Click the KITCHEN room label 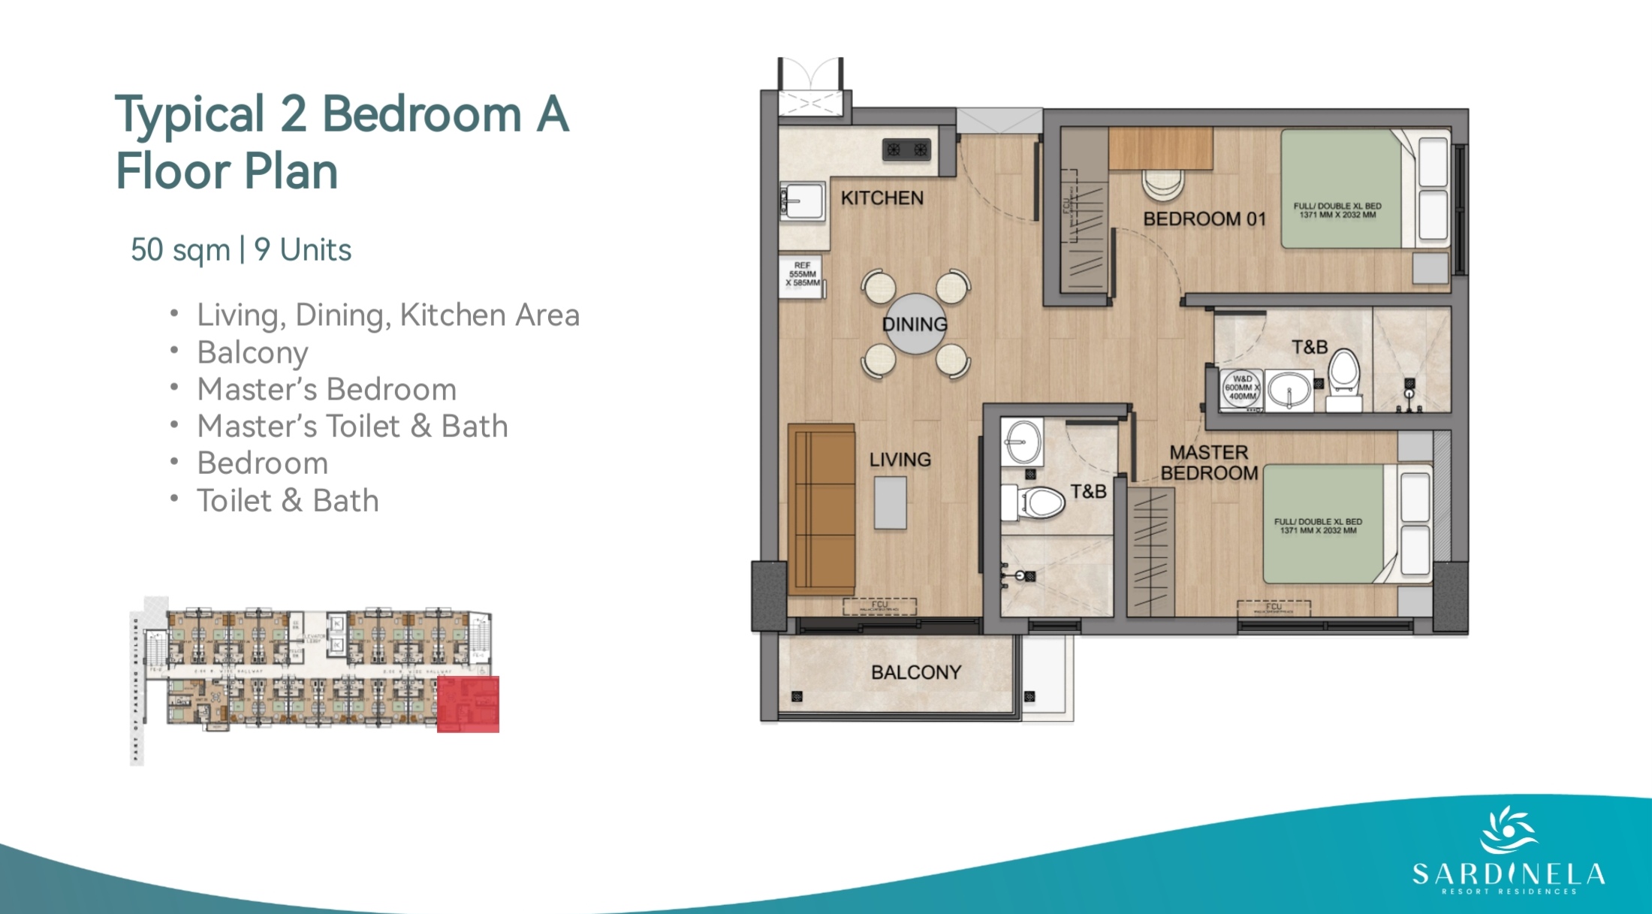click(882, 198)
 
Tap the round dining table click(915, 324)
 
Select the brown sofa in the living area click(821, 509)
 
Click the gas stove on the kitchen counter click(906, 149)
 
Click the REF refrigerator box click(801, 276)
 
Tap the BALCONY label click(915, 672)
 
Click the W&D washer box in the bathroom click(1241, 388)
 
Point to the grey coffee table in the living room click(890, 502)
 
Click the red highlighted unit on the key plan click(468, 704)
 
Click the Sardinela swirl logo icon click(1508, 830)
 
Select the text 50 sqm click(180, 250)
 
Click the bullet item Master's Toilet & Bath click(352, 427)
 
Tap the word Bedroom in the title click(421, 115)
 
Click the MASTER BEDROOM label click(1208, 463)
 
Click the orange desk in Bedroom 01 click(1160, 148)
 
